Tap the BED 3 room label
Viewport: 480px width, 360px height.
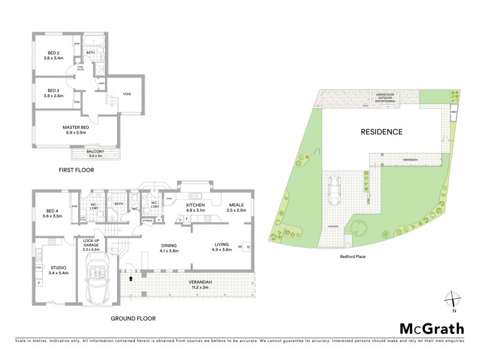click(53, 92)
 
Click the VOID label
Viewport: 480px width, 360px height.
click(127, 94)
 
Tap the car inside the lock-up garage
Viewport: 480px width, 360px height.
click(97, 281)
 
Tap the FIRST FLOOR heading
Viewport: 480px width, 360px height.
click(77, 170)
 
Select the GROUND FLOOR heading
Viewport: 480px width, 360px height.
click(133, 319)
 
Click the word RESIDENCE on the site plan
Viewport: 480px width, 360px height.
click(381, 131)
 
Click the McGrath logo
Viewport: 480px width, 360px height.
click(431, 328)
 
